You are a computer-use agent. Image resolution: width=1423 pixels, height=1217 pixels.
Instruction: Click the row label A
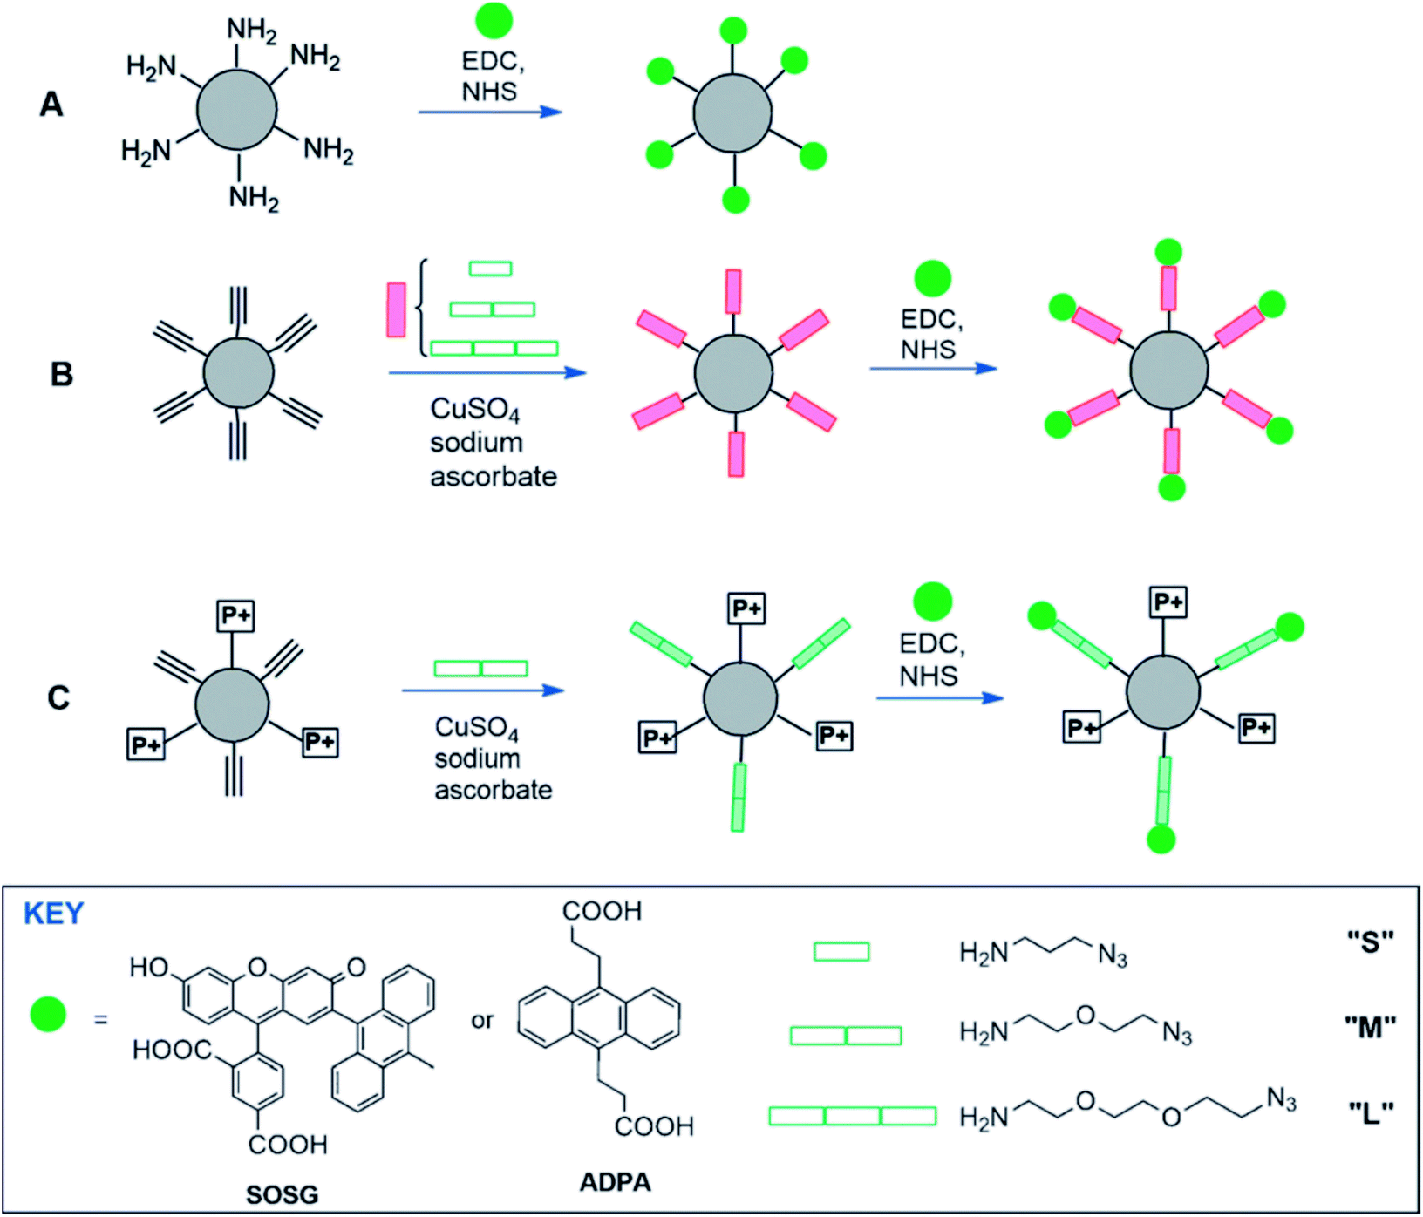[x=51, y=105]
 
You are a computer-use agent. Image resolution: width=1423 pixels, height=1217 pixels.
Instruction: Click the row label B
[x=61, y=374]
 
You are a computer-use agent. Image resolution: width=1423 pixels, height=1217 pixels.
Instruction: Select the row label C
[x=58, y=697]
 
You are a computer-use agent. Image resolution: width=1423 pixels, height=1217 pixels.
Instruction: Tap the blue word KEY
[x=53, y=913]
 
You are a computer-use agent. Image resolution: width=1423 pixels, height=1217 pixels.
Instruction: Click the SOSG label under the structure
[x=282, y=1194]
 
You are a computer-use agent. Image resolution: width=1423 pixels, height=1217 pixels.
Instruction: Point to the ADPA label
[x=616, y=1182]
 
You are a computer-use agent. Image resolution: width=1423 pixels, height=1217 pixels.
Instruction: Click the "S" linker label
[x=1371, y=942]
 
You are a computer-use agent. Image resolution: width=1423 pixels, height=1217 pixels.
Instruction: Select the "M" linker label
[x=1371, y=1027]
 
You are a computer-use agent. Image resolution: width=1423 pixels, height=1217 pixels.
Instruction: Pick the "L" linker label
[x=1371, y=1112]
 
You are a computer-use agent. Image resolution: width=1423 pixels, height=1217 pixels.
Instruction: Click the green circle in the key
[x=48, y=1015]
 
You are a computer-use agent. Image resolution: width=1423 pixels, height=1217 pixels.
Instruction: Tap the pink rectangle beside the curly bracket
[x=396, y=309]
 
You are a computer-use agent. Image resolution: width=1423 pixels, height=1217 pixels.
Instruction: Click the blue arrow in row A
[x=490, y=112]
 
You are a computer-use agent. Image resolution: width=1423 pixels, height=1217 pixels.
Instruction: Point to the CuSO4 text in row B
[x=475, y=410]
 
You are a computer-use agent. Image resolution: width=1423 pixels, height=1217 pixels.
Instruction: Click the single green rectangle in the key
[x=841, y=951]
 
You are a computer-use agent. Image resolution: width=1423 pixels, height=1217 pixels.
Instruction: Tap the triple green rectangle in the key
[x=853, y=1116]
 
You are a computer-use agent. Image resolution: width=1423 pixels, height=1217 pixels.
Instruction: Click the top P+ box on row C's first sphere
[x=235, y=616]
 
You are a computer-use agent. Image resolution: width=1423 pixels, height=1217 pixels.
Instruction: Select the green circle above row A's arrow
[x=494, y=20]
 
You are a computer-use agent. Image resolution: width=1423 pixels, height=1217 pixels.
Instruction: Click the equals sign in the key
[x=101, y=1018]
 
